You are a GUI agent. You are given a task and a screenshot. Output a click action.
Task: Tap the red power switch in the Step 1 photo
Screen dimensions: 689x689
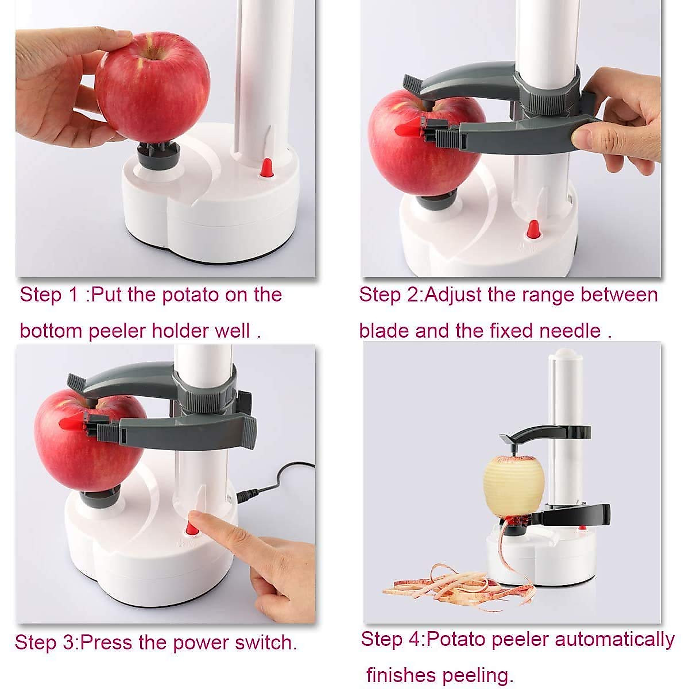pos(266,168)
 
